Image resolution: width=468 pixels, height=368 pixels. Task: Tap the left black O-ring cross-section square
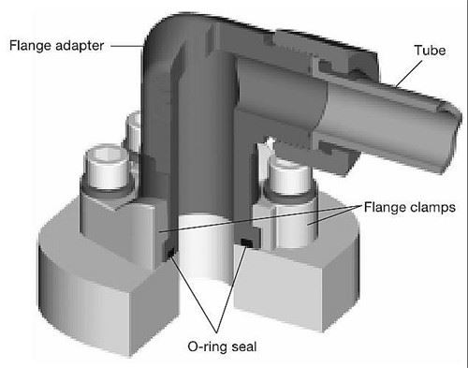[x=169, y=252]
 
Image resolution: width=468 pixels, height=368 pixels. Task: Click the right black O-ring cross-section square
[x=245, y=244]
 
